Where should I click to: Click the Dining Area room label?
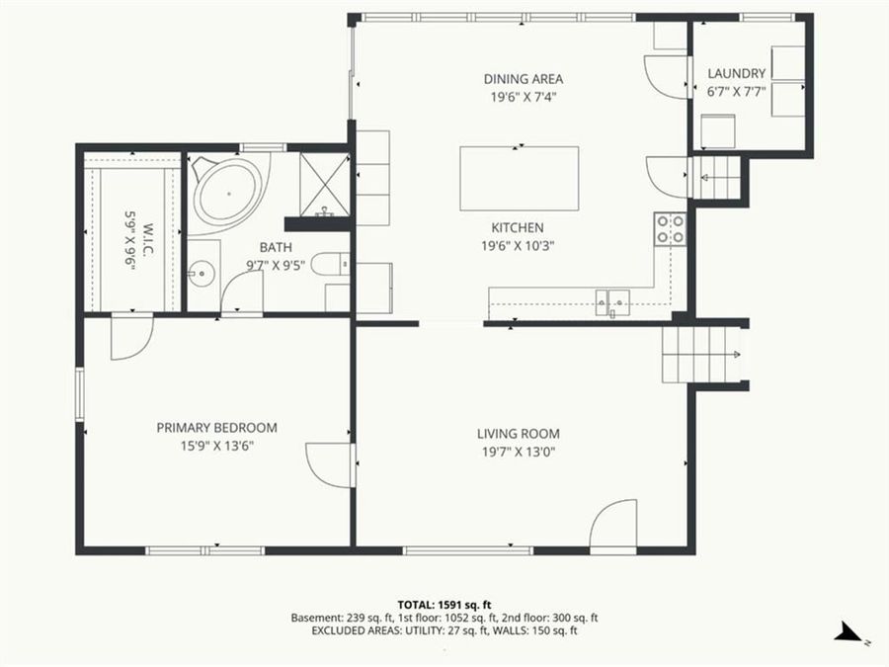click(524, 79)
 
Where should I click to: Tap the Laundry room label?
click(736, 73)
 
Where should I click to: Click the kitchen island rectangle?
click(519, 179)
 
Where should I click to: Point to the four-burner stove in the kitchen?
click(671, 229)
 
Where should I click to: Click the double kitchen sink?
click(611, 298)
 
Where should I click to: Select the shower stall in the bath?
click(324, 184)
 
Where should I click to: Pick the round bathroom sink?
click(203, 271)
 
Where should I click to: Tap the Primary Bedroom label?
click(216, 428)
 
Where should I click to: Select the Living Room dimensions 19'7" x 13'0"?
click(519, 452)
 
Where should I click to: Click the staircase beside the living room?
click(701, 356)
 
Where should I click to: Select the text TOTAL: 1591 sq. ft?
click(444, 604)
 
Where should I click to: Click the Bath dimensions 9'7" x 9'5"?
click(276, 264)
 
